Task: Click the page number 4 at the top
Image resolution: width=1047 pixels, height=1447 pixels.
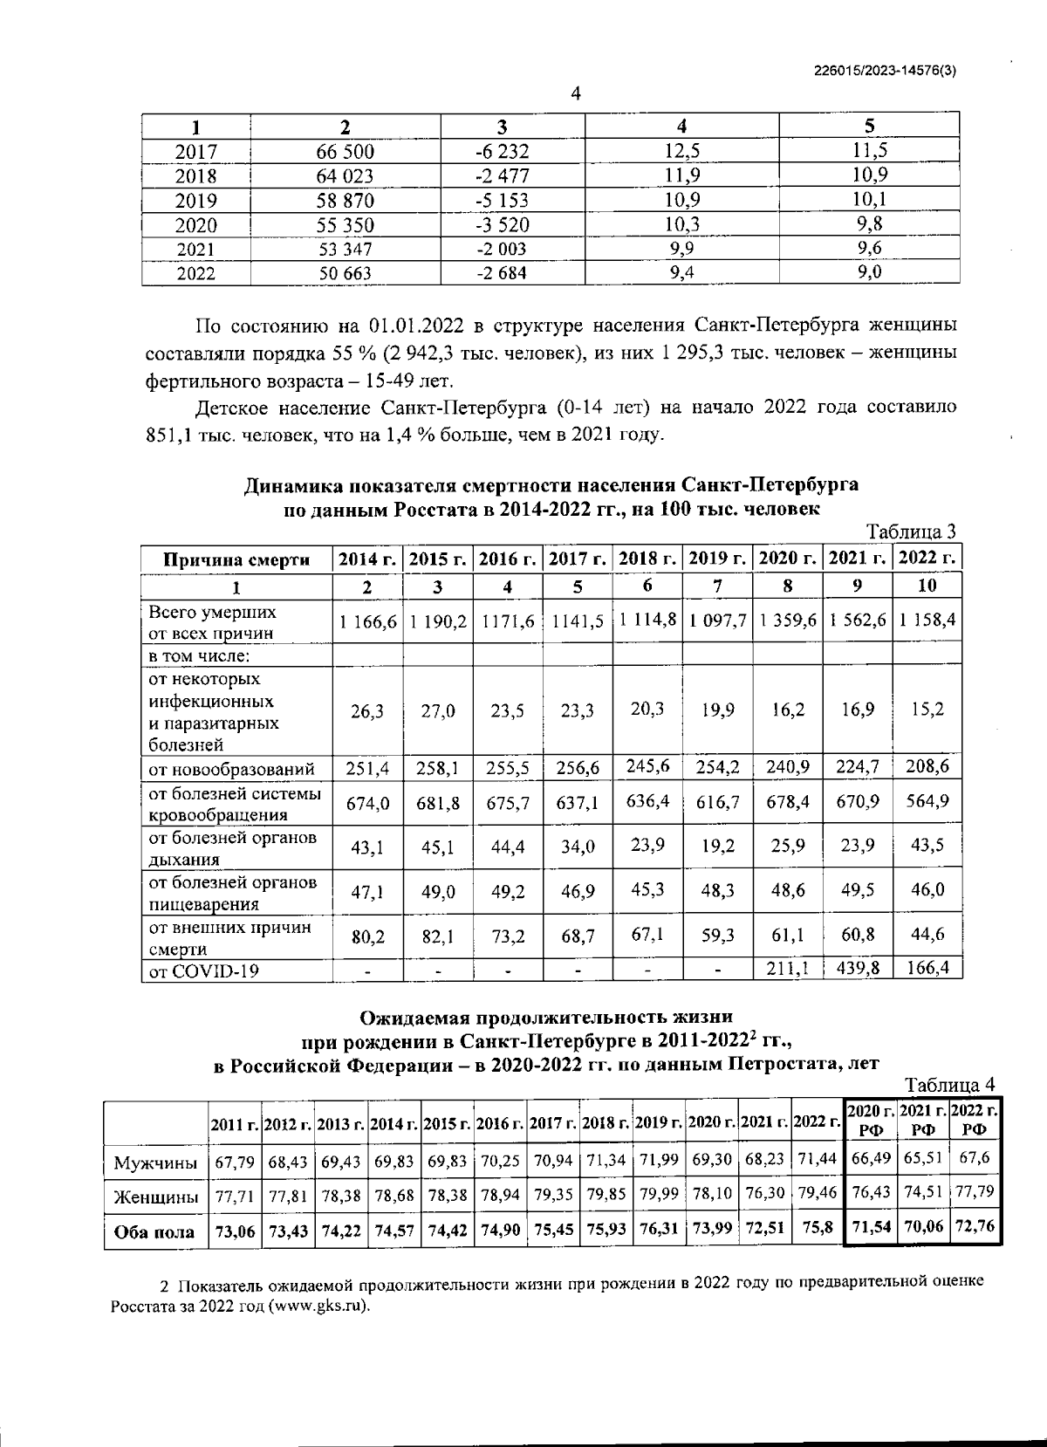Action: (575, 94)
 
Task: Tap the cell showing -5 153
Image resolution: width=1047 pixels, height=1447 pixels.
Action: (503, 201)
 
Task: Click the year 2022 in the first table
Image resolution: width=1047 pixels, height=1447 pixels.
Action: (195, 274)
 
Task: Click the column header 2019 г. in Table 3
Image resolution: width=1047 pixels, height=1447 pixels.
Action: (717, 559)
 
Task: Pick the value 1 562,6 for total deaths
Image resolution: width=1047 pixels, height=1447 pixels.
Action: (858, 621)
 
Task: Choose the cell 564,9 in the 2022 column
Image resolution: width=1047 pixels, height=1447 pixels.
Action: (927, 801)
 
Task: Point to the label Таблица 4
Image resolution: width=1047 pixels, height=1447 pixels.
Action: (950, 1086)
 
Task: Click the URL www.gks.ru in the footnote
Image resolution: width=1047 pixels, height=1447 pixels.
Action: (318, 1306)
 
